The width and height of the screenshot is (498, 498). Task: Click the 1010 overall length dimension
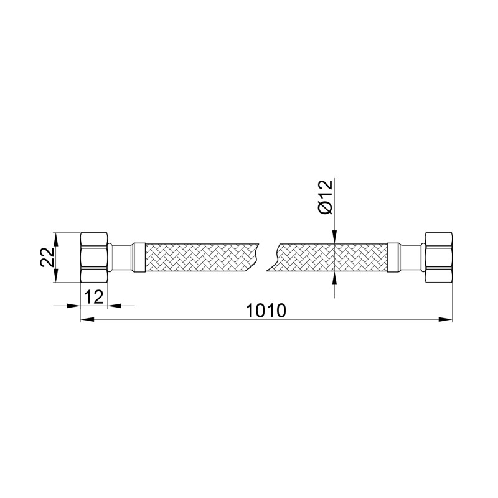[x=266, y=311]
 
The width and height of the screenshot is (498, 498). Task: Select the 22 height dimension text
[x=47, y=257]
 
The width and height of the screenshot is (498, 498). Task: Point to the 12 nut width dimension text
[x=94, y=298]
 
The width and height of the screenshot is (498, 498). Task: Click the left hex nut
[x=94, y=257]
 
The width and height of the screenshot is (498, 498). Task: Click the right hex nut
[x=438, y=257]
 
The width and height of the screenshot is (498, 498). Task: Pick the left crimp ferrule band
[x=139, y=257]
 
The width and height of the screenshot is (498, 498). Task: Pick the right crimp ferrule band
[x=393, y=257]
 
